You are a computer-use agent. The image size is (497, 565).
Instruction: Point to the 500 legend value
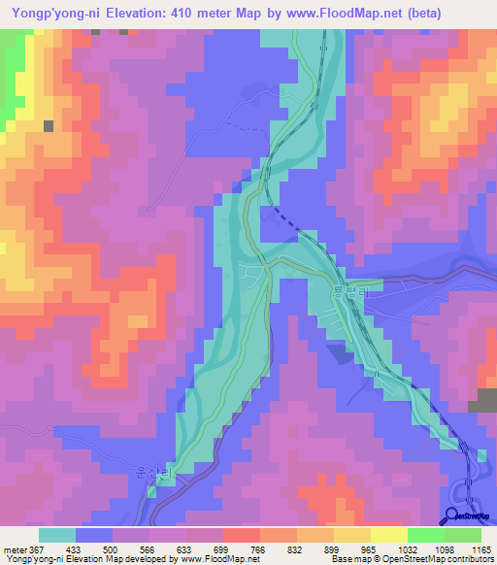pos(112,550)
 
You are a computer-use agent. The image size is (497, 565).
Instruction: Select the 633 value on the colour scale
pos(185,550)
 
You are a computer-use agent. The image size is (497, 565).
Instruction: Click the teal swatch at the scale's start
pos(57,535)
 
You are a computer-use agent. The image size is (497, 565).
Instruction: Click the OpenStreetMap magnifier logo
pos(449,517)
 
